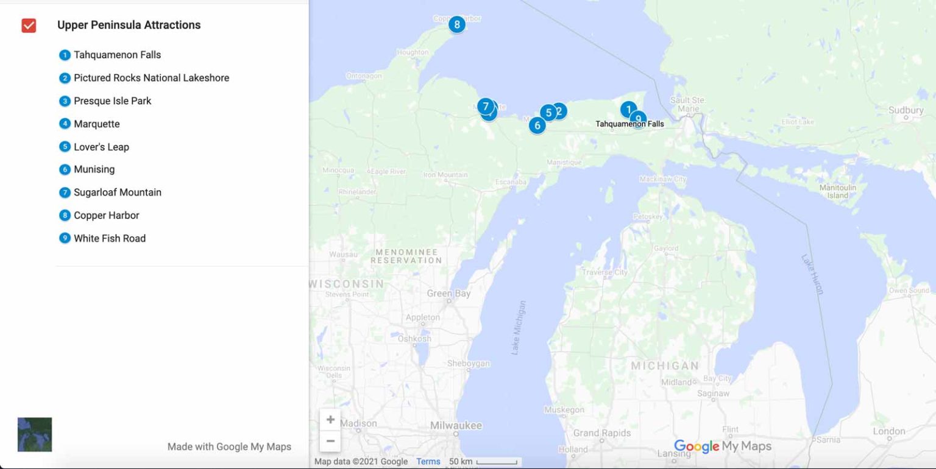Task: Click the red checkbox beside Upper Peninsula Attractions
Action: coord(29,26)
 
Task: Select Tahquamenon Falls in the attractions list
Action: coord(117,55)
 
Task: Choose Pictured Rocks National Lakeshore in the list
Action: coord(151,78)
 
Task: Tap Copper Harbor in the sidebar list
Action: coord(106,216)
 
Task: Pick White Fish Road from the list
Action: coord(109,239)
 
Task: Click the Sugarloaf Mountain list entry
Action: coord(117,192)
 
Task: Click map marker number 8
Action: coord(456,24)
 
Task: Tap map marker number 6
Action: coord(537,125)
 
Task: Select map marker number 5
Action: coord(548,112)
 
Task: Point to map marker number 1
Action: coord(628,109)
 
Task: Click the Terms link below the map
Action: coord(428,462)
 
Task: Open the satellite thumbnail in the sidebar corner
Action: coord(35,434)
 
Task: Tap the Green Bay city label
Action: coord(448,294)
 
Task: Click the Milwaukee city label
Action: coord(456,426)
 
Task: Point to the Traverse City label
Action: coord(604,272)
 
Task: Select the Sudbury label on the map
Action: coord(906,110)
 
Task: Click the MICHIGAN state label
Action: coord(664,366)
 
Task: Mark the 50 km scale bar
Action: coord(497,462)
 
